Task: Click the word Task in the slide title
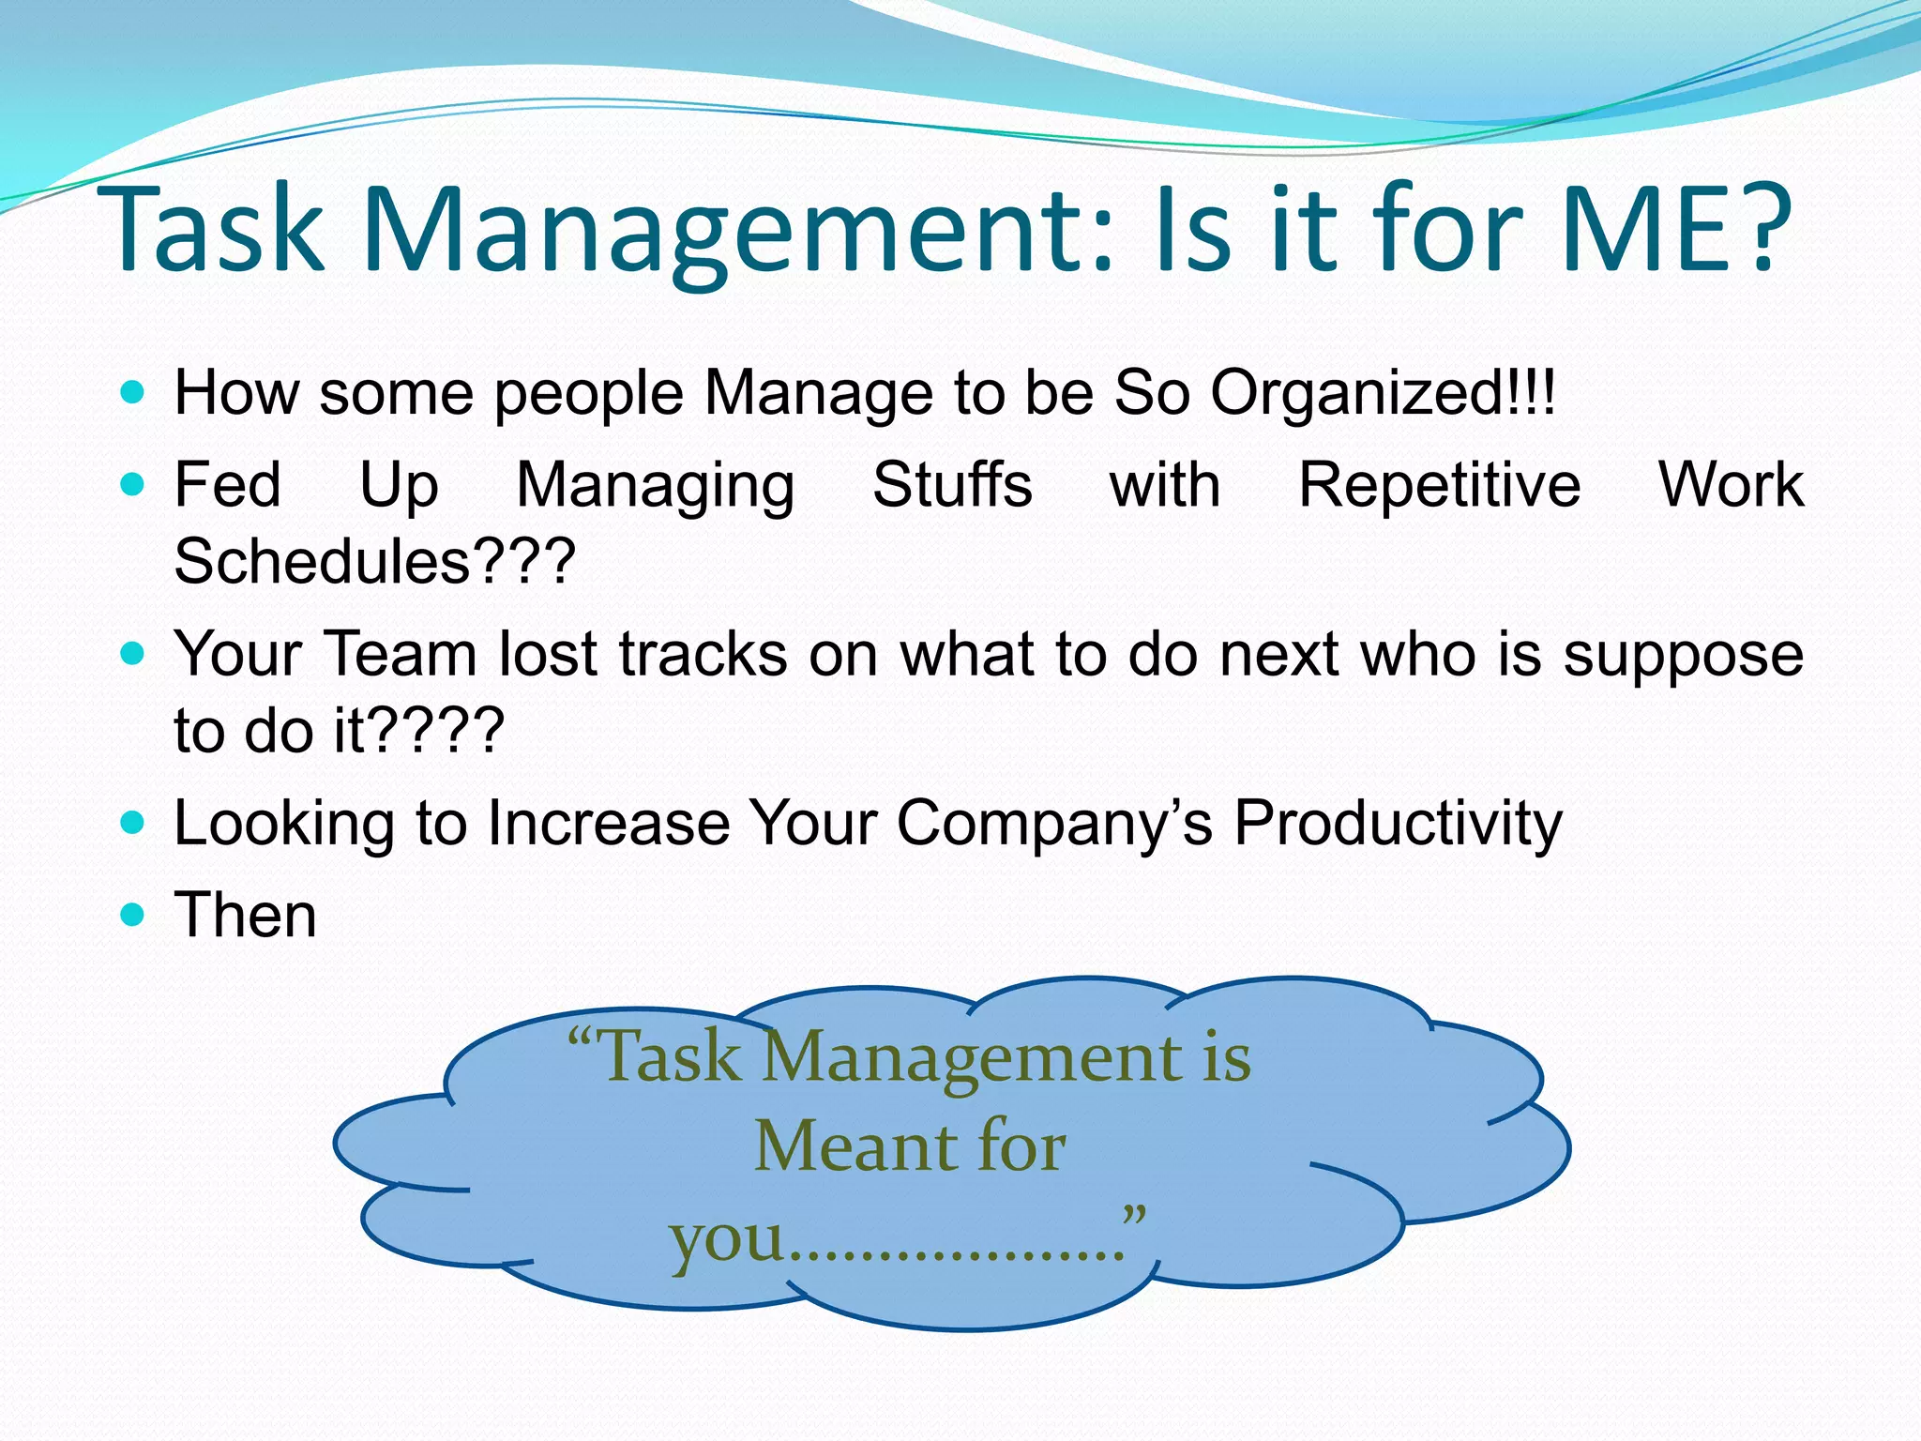(x=217, y=230)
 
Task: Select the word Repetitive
(x=1439, y=485)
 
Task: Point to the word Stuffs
(x=952, y=485)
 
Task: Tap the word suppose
(x=1683, y=655)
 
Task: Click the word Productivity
(x=1398, y=824)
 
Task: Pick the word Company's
(x=1054, y=824)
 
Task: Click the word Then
(x=246, y=915)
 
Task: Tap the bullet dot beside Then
(x=133, y=914)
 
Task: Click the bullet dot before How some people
(x=133, y=391)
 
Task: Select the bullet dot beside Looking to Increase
(x=133, y=823)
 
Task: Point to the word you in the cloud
(x=726, y=1238)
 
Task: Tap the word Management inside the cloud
(x=971, y=1058)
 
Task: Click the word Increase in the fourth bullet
(x=609, y=824)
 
